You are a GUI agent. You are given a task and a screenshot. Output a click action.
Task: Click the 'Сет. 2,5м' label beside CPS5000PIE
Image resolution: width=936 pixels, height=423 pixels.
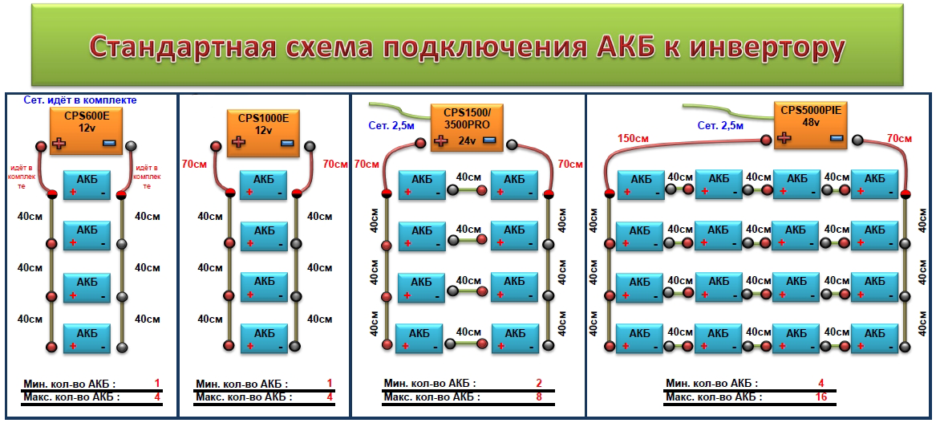click(719, 125)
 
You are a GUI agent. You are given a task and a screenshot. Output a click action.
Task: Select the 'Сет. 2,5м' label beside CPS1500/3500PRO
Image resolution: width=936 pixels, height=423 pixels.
click(391, 125)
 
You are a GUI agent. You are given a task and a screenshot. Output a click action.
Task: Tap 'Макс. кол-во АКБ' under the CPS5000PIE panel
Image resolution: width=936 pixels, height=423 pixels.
click(712, 397)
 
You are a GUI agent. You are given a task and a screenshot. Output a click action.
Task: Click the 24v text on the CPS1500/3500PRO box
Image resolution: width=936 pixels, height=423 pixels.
click(466, 140)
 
